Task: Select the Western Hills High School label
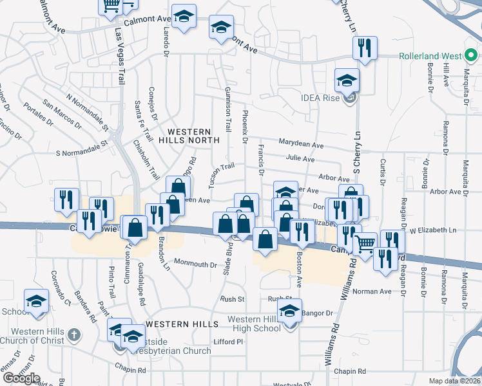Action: (x=254, y=324)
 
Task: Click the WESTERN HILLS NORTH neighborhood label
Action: (x=193, y=134)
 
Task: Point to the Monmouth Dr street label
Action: (x=196, y=264)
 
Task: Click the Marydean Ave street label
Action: (x=300, y=143)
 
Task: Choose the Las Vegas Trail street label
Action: (x=120, y=56)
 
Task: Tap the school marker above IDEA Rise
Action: (x=347, y=80)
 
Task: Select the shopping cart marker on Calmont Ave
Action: (x=111, y=6)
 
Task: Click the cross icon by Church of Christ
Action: (x=74, y=335)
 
